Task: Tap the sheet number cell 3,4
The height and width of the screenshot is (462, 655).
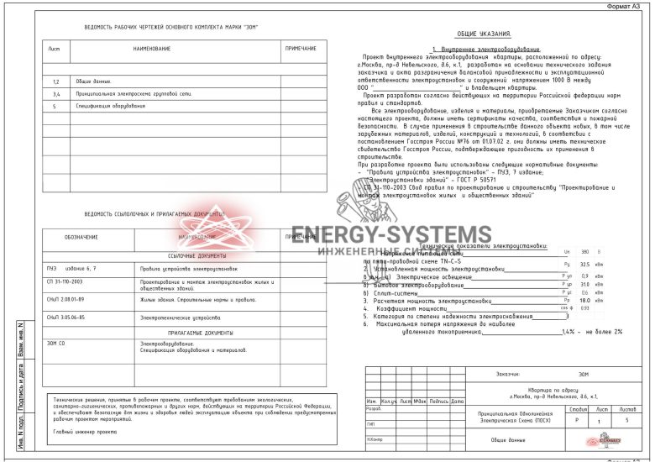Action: point(55,94)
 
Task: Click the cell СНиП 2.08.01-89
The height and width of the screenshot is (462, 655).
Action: point(66,299)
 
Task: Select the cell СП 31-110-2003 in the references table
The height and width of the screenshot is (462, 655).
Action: point(66,281)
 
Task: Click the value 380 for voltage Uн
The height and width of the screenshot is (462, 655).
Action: point(584,250)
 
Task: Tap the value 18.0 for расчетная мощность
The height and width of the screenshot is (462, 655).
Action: point(584,299)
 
